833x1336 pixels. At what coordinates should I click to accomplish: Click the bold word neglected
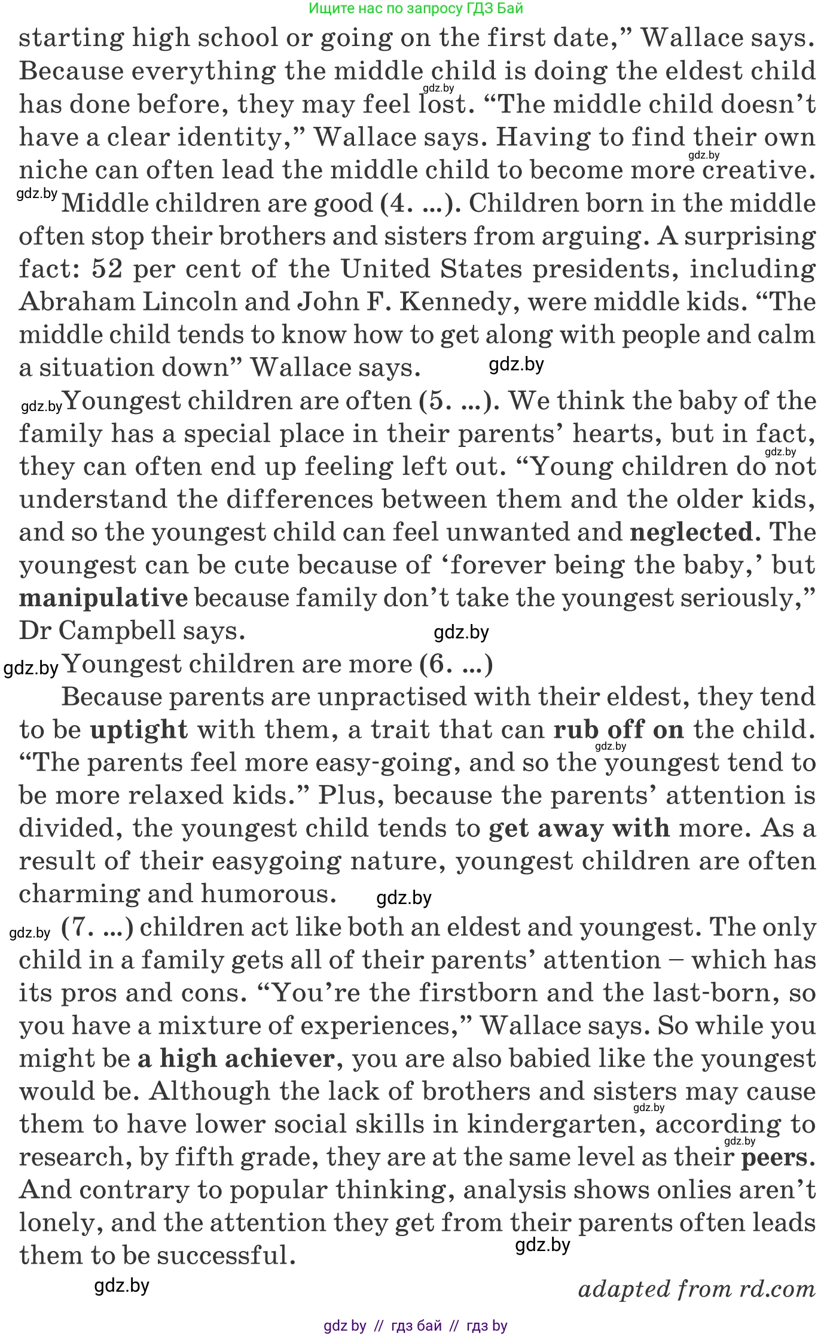[x=691, y=532]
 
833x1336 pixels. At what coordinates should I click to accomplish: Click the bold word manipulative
[x=103, y=598]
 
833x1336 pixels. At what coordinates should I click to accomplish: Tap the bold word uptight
[x=139, y=730]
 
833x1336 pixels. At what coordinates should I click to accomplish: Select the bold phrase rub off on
[x=618, y=730]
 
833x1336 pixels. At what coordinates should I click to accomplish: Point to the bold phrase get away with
[x=579, y=829]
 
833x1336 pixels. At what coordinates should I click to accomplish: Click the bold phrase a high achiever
[x=236, y=1058]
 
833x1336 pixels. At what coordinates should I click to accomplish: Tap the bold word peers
[x=776, y=1157]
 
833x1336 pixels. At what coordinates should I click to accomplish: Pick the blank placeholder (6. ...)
[x=456, y=664]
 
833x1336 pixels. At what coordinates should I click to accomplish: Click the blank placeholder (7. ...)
[x=97, y=927]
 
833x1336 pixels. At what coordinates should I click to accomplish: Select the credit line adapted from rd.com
[x=696, y=1288]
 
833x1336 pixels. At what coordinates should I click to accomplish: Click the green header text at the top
[x=416, y=8]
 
